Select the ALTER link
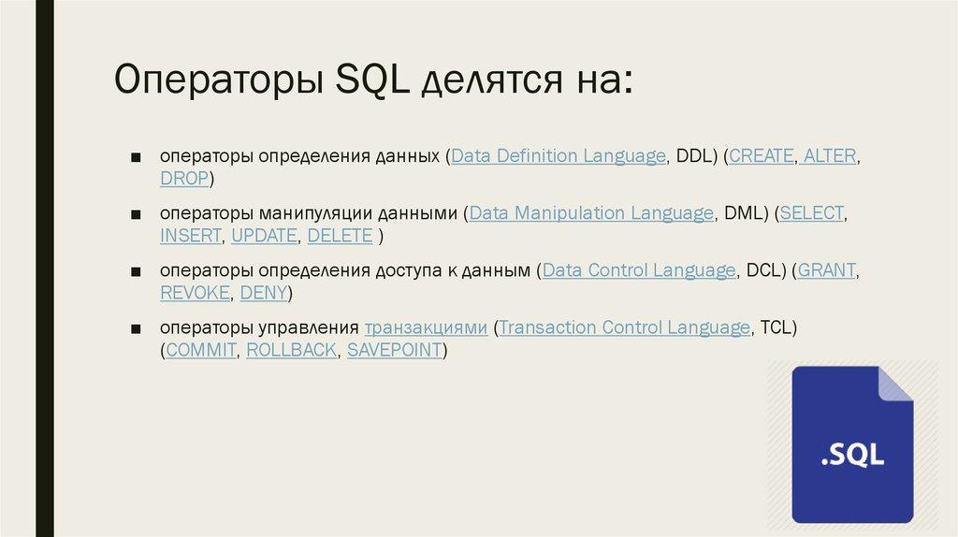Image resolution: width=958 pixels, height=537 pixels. (830, 157)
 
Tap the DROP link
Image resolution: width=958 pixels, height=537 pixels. (184, 178)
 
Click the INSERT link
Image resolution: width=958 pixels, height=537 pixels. (191, 236)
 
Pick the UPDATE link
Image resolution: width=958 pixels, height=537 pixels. (263, 236)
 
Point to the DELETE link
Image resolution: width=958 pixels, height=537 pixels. (340, 236)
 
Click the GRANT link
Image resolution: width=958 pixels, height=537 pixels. (827, 271)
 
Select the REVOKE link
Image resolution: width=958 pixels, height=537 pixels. (195, 293)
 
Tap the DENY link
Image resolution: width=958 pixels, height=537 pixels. (264, 293)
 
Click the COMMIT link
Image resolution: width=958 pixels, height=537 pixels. (201, 351)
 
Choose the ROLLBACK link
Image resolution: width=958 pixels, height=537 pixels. (291, 351)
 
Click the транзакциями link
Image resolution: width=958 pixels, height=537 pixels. (426, 329)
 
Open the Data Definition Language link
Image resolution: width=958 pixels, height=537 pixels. (559, 157)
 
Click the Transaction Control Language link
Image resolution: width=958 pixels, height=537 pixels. (626, 329)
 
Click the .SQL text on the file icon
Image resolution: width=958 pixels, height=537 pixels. (852, 457)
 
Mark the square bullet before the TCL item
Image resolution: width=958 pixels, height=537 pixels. (137, 329)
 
